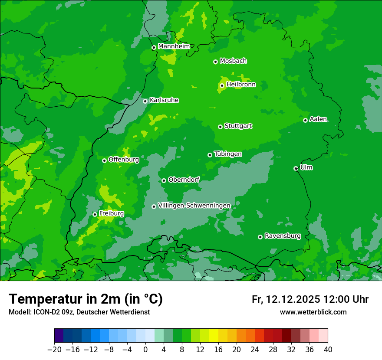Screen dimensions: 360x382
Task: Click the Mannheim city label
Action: click(174, 46)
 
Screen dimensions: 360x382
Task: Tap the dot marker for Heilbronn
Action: click(222, 85)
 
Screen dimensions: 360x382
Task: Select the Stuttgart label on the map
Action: click(238, 126)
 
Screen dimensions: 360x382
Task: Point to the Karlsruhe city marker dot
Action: click(145, 101)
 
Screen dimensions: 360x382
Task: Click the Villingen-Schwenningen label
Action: click(194, 205)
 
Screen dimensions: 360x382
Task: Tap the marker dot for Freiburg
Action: click(95, 214)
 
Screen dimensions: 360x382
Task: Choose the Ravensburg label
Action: click(283, 236)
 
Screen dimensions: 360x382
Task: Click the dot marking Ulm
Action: click(296, 168)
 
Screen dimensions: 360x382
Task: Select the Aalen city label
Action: click(318, 119)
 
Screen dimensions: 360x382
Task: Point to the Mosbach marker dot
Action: click(215, 62)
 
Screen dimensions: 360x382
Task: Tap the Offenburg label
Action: click(124, 160)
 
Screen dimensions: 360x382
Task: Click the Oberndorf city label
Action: click(184, 180)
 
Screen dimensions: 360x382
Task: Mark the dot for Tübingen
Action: click(210, 155)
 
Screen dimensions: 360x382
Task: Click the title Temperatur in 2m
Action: click(86, 299)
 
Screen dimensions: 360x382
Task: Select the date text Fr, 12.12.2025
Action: click(286, 299)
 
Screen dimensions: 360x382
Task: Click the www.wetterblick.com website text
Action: click(313, 312)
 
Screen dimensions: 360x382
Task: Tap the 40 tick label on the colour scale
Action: click(328, 350)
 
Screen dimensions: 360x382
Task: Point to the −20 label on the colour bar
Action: click(55, 350)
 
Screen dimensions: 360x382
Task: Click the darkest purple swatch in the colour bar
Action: click(59, 336)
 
